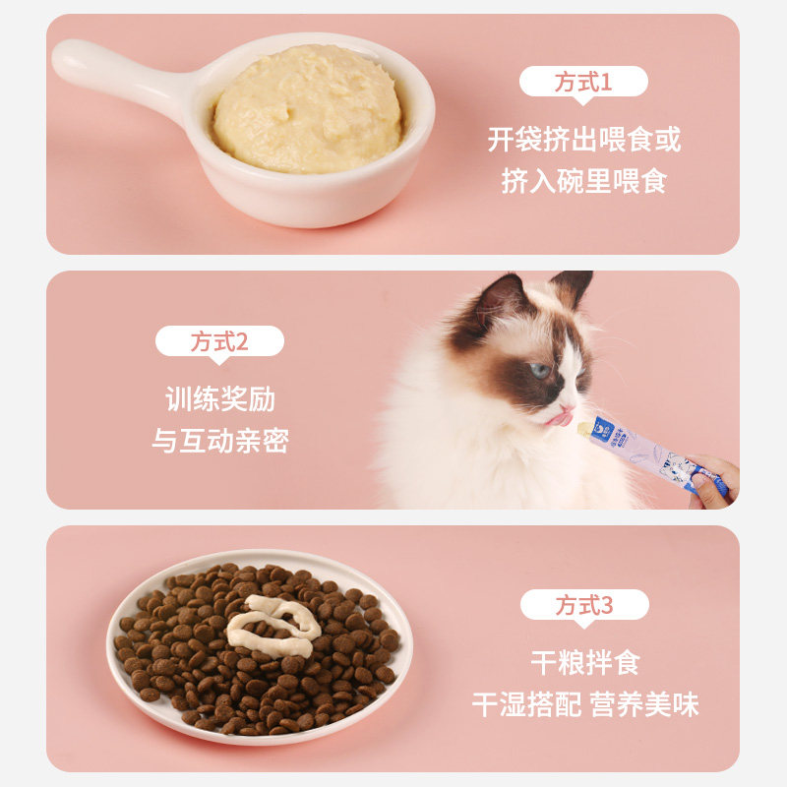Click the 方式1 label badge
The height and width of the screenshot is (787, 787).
coord(583,82)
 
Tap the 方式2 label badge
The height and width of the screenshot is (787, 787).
coord(219,341)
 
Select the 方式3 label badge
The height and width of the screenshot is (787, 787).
coord(584,605)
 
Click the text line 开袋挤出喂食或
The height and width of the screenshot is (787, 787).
coord(583,139)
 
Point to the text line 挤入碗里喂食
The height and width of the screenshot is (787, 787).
coord(583,182)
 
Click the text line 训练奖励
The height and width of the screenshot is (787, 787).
coord(219,399)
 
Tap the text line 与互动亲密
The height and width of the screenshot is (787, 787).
coord(219,441)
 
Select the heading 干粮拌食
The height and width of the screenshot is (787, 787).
coord(584,662)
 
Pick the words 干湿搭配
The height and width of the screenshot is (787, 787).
coord(525,704)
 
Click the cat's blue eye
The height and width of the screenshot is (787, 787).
coord(540,370)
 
